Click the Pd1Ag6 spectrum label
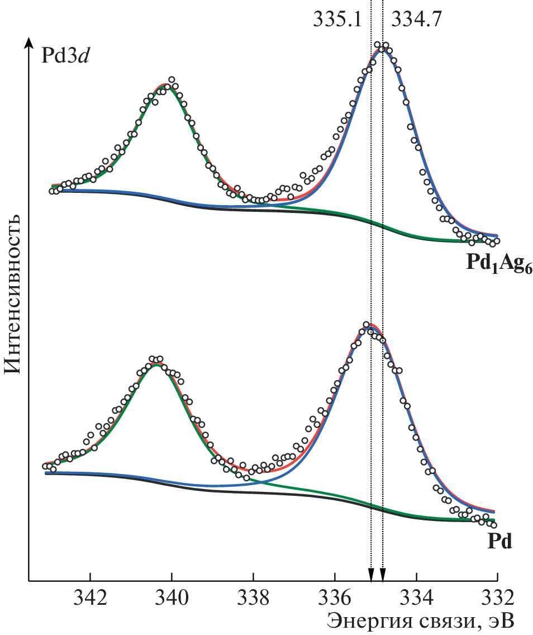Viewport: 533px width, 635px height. coord(499,263)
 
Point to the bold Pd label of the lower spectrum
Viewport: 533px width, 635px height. coord(499,542)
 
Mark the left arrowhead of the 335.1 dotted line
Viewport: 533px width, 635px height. coord(370,575)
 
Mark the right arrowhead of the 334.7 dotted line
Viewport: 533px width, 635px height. coord(383,575)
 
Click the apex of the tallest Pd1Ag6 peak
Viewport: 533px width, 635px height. coord(382,48)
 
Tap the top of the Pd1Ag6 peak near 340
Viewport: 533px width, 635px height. coord(166,85)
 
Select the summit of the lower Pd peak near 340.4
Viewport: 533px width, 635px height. coord(156,363)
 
